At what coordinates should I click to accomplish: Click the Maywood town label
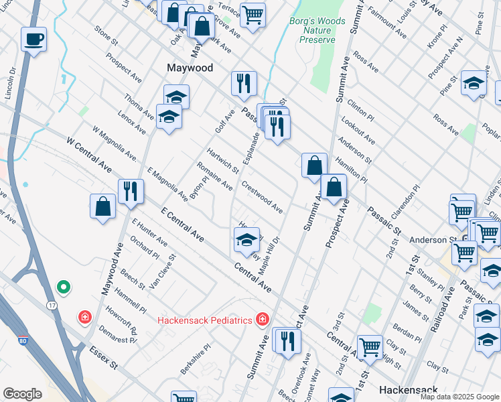[x=190, y=68]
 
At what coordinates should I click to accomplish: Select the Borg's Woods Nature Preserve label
[x=317, y=30]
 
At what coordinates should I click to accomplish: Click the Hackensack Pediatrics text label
[x=205, y=320]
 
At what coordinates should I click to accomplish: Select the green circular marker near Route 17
[x=64, y=287]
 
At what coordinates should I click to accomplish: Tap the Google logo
[x=22, y=393]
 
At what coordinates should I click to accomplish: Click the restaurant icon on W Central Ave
[x=131, y=191]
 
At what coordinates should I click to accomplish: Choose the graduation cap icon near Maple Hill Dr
[x=246, y=239]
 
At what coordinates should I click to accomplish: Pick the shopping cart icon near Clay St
[x=370, y=346]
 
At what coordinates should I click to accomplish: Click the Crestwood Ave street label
[x=262, y=195]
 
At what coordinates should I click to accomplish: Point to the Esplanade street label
[x=251, y=146]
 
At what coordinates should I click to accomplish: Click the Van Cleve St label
[x=163, y=271]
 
